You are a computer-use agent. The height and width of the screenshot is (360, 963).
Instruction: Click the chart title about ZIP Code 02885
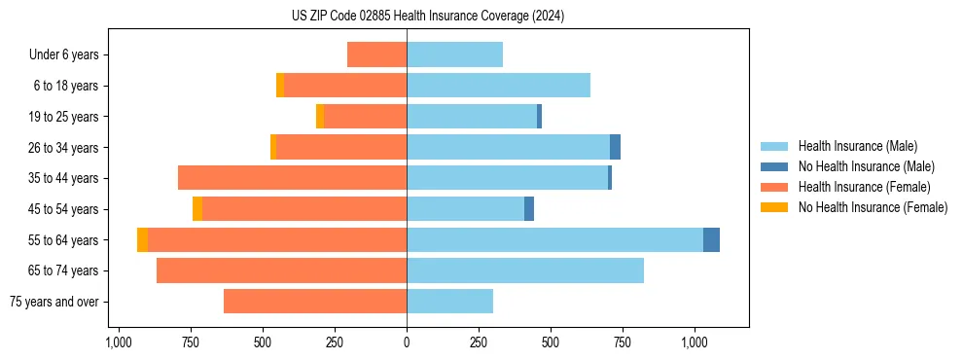pyautogui.click(x=428, y=16)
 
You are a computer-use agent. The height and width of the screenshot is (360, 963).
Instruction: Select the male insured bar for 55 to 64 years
pyautogui.click(x=554, y=239)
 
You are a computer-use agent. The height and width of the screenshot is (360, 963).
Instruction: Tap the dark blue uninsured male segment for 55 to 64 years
pyautogui.click(x=711, y=239)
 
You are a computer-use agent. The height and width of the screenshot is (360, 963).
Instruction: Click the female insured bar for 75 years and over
pyautogui.click(x=315, y=302)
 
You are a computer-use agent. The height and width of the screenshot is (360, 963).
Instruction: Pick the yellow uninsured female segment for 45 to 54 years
pyautogui.click(x=197, y=209)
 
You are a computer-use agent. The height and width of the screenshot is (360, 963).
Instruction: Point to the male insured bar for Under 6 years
pyautogui.click(x=454, y=54)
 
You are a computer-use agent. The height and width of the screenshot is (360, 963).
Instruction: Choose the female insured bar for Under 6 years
pyautogui.click(x=376, y=54)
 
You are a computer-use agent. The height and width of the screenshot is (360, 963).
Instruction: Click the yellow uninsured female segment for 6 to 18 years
pyautogui.click(x=280, y=86)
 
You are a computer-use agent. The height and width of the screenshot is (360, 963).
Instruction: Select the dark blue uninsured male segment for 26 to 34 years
pyautogui.click(x=615, y=147)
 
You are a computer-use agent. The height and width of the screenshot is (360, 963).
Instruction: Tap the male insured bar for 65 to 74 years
pyautogui.click(x=525, y=270)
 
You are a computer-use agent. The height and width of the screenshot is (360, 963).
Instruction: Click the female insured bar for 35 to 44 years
pyautogui.click(x=292, y=178)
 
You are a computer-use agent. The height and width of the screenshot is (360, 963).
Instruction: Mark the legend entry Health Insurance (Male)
pyautogui.click(x=856, y=146)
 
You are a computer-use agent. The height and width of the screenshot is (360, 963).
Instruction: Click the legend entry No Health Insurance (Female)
pyautogui.click(x=873, y=207)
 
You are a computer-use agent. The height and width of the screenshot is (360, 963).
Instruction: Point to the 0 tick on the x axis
pyautogui.click(x=407, y=342)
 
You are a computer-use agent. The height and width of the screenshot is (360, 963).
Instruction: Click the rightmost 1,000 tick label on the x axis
pyautogui.click(x=695, y=342)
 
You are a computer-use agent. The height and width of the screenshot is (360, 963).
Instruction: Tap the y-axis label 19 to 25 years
pyautogui.click(x=65, y=117)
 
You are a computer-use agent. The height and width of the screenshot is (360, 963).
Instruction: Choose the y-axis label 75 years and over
pyautogui.click(x=53, y=302)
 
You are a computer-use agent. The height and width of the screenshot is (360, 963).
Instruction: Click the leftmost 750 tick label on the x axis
pyautogui.click(x=191, y=342)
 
